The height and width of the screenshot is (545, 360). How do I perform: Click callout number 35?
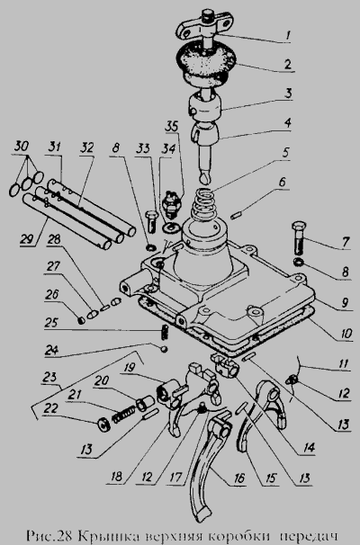pyautogui.click(x=171, y=126)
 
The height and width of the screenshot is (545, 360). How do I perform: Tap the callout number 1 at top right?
pyautogui.click(x=288, y=35)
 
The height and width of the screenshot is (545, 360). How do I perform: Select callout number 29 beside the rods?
pyautogui.click(x=27, y=239)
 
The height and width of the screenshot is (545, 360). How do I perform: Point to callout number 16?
pyautogui.click(x=239, y=478)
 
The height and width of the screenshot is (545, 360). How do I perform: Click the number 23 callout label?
pyautogui.click(x=50, y=378)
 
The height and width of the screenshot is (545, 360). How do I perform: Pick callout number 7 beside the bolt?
pyautogui.click(x=345, y=242)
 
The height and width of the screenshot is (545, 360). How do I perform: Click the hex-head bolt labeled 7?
pyautogui.click(x=299, y=238)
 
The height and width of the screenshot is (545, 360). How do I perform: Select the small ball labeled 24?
pyautogui.click(x=164, y=348)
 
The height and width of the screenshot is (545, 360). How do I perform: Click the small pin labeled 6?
pyautogui.click(x=237, y=216)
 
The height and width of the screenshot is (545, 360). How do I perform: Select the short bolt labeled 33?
pyautogui.click(x=152, y=221)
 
